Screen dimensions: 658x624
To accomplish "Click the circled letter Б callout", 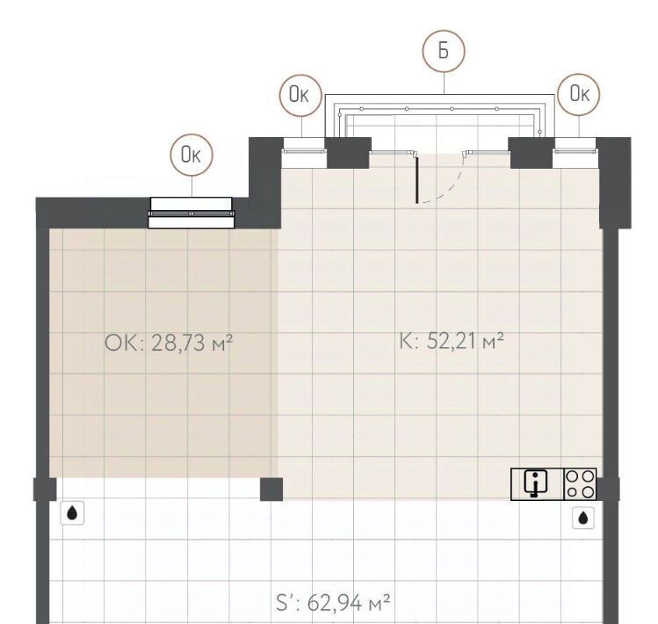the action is point(444,50).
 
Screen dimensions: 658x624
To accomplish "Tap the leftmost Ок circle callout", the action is point(192,155).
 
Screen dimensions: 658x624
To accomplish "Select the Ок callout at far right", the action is point(579,95).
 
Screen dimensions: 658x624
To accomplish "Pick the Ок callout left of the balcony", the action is point(300,95).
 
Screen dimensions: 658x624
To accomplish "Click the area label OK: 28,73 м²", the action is point(169,343).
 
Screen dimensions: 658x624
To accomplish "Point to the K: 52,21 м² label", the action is point(452,340).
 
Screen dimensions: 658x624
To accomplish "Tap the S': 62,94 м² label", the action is point(333,603).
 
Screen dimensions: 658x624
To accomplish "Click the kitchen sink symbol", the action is point(537,484).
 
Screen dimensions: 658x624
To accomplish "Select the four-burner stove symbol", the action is point(580,484).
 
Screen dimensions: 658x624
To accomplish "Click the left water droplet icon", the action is point(72,512).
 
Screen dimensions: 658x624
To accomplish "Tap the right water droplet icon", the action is point(583,518).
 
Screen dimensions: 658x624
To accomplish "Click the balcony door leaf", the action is point(416,178).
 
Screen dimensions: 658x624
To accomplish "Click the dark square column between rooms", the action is point(271,490).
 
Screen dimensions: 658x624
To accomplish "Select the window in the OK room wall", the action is point(192,213).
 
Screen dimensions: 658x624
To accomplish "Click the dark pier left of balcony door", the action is point(348,153).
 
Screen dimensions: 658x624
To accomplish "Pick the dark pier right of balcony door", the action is point(531,153).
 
